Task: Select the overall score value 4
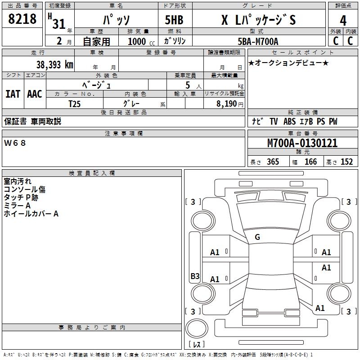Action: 343,20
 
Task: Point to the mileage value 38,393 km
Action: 54,65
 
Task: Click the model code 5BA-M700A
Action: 258,42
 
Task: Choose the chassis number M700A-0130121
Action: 302,143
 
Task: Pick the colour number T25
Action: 76,103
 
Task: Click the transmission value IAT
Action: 13,94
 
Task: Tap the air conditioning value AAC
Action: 35,94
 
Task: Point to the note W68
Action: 15,143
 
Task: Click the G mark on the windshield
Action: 257,237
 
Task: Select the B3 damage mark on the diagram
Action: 195,276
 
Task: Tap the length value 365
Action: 272,162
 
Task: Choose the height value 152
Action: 346,162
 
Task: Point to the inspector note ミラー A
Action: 17,206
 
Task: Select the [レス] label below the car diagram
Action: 198,344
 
